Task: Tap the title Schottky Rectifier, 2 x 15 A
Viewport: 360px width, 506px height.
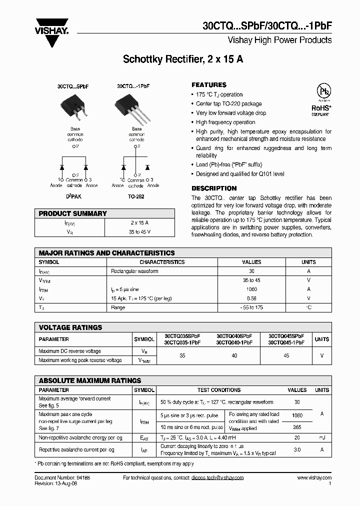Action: click(x=183, y=59)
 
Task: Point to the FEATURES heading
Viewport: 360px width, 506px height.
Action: click(x=209, y=85)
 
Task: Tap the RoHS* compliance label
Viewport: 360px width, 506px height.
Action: click(x=320, y=107)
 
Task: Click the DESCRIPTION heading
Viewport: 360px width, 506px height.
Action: click(x=214, y=188)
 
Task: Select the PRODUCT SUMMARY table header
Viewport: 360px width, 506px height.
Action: click(x=73, y=213)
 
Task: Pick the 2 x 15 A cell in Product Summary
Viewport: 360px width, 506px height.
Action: click(x=139, y=222)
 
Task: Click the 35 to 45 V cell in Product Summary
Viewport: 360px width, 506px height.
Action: click(x=139, y=231)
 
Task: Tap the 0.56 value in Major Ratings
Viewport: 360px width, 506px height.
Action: click(x=251, y=298)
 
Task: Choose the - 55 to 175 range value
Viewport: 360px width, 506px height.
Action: click(x=251, y=307)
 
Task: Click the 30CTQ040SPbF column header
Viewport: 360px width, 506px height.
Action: click(x=234, y=336)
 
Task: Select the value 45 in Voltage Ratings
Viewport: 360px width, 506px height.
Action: click(x=286, y=355)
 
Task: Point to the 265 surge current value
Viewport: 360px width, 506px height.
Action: click(x=297, y=427)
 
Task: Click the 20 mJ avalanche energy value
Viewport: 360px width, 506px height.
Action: click(x=297, y=437)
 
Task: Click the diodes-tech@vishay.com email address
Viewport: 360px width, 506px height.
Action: click(x=217, y=478)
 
